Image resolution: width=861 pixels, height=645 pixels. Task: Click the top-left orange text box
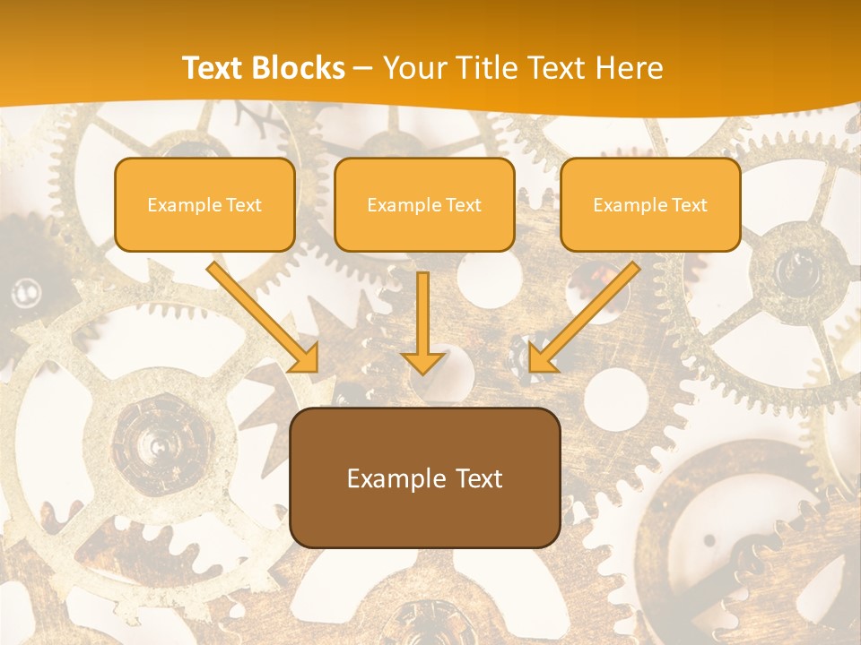[204, 204]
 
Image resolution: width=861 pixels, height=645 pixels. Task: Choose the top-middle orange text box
[424, 204]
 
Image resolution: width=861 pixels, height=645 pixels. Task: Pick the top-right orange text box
[650, 204]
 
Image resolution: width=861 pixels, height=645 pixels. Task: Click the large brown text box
[424, 477]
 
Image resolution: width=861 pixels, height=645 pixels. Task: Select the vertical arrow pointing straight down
[423, 318]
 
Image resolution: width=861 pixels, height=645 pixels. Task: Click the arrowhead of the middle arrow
[423, 360]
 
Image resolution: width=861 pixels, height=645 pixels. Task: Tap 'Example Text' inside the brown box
[424, 478]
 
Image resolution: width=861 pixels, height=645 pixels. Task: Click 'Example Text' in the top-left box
[204, 205]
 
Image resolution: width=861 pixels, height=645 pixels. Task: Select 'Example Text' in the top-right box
[650, 205]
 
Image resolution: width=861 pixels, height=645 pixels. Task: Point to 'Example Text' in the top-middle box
[424, 205]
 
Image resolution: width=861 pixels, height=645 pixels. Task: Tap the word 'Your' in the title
[415, 68]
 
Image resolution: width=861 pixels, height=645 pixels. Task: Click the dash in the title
[363, 69]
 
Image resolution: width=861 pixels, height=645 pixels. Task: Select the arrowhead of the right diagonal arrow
[540, 359]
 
